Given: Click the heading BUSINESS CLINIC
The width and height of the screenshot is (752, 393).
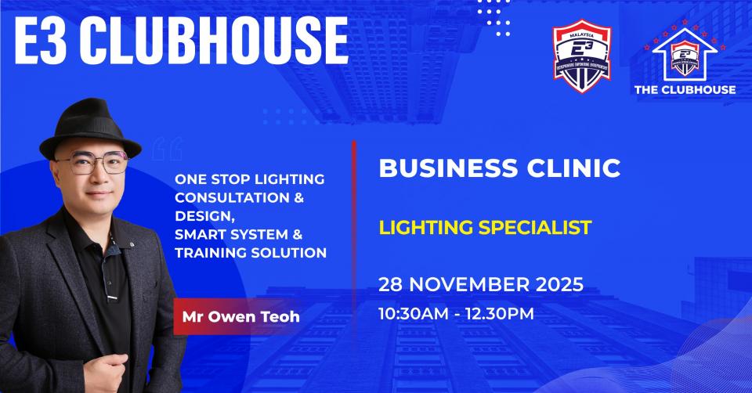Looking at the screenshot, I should [500, 168].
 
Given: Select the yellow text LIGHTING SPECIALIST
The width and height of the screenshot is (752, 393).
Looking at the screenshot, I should [484, 228].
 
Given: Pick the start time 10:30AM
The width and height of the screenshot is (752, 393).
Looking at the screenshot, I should [415, 315].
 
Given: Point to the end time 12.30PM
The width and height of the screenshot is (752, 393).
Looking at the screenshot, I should [501, 315].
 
